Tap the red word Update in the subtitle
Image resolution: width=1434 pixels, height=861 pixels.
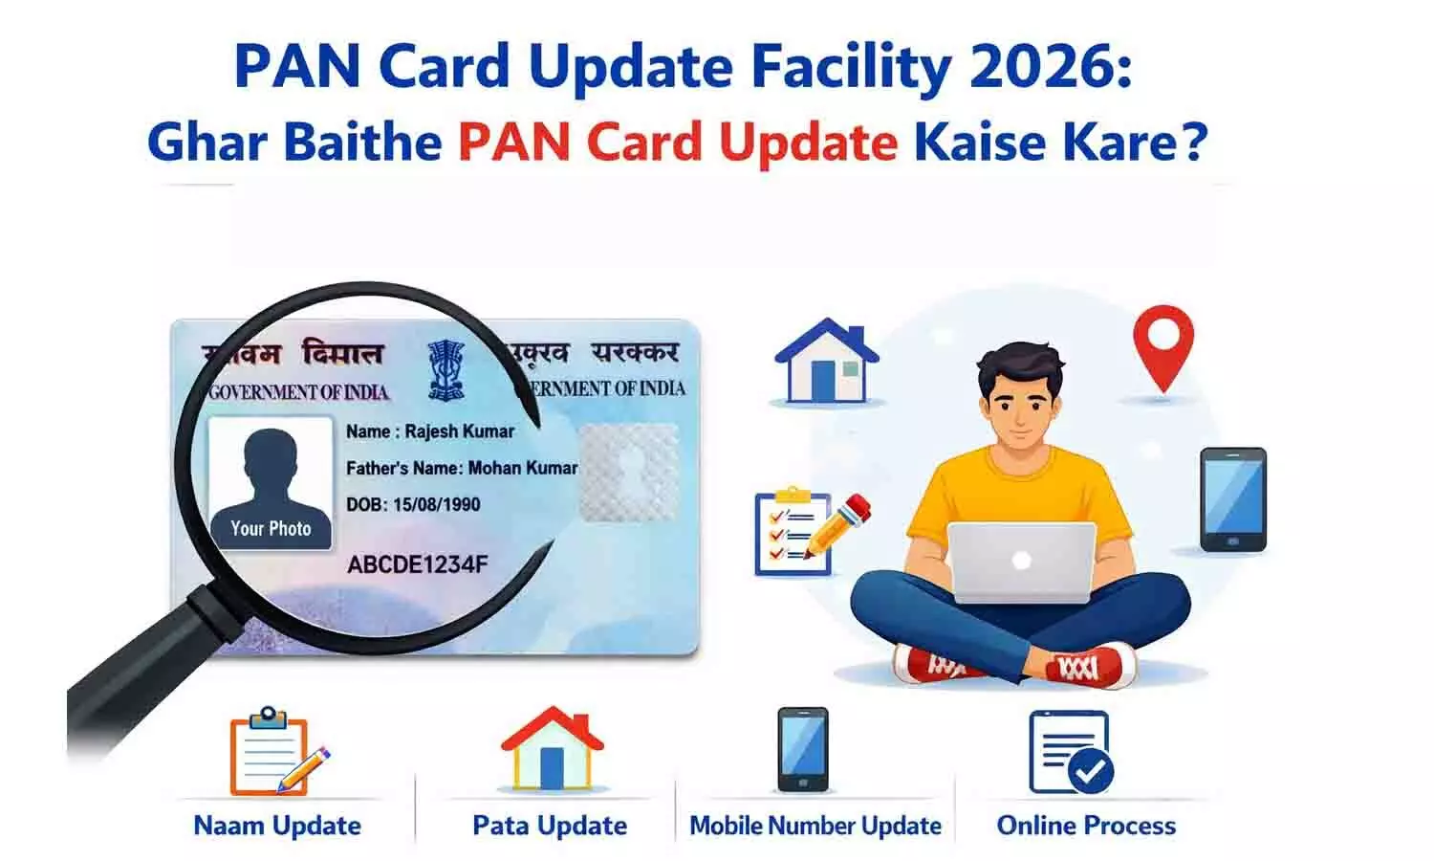[x=808, y=142]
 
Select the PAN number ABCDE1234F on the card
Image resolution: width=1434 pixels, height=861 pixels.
[x=417, y=564]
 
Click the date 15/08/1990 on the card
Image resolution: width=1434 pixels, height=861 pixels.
[x=436, y=504]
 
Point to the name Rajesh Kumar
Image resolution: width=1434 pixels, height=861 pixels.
[x=459, y=431]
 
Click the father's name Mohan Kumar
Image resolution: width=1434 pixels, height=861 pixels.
[x=522, y=468]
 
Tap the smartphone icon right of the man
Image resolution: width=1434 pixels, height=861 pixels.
[x=1233, y=499]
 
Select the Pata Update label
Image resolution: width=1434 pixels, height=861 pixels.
[x=550, y=826]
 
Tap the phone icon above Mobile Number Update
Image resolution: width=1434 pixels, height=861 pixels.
[x=802, y=749]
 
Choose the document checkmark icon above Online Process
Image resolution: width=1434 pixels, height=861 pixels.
[x=1071, y=753]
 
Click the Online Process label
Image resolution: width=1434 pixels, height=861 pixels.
[x=1086, y=826]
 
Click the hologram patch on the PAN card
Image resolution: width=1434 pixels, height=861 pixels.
[x=627, y=471]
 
